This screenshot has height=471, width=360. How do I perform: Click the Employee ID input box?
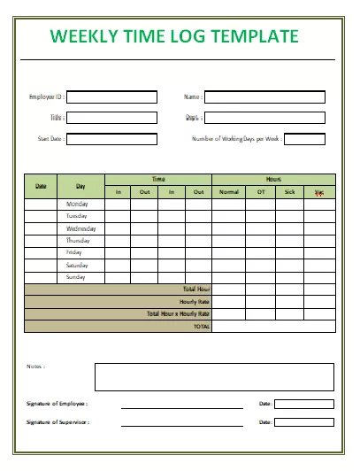coord(111,97)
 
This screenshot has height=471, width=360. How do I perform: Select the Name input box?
coord(264,97)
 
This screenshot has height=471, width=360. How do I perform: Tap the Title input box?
coord(111,118)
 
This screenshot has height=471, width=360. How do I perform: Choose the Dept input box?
coord(264,118)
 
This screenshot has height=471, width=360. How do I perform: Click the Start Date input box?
coord(111,139)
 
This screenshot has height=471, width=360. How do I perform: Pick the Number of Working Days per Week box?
coord(304,139)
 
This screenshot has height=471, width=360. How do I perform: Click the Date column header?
coord(41,186)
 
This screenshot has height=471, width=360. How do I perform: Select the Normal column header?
coord(228,192)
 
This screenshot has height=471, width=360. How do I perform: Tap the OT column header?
coord(260,192)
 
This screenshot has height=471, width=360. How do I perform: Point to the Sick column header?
coord(289,192)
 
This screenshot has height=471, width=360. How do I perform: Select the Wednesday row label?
coord(81,228)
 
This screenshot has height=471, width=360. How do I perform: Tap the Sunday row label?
coord(77,277)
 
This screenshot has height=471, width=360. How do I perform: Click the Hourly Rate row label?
coord(195,302)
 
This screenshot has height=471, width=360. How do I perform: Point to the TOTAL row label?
coord(202,327)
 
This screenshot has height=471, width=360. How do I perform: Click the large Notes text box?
coord(213,376)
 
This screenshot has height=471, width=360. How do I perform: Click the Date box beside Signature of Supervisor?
coord(304,422)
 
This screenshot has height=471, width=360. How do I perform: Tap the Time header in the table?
coord(157,179)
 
